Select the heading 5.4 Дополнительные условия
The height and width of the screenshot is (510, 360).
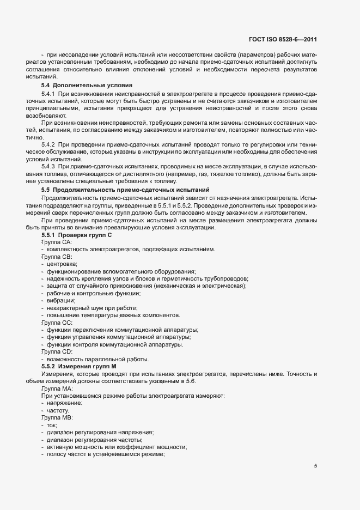(84, 86)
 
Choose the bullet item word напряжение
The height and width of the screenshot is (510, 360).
(64, 403)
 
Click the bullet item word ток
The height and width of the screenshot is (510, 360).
(52, 425)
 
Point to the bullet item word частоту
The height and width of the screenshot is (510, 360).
(58, 410)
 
